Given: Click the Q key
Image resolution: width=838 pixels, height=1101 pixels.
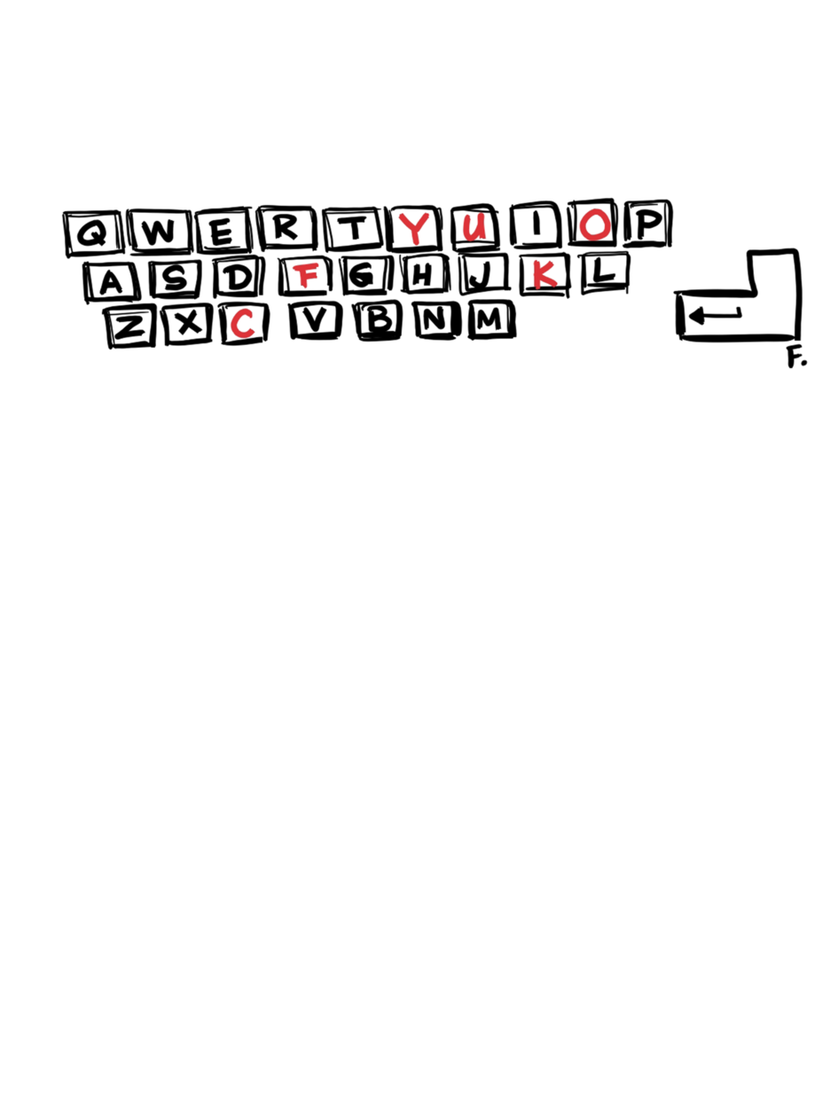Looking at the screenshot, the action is (x=93, y=232).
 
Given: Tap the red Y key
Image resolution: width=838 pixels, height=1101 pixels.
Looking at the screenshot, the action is (x=414, y=228).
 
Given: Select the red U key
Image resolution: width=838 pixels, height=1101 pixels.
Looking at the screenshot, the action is (x=474, y=227).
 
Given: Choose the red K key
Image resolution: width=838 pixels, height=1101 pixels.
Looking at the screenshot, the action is (x=544, y=274).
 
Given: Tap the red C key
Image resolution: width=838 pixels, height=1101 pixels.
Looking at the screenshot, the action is (x=243, y=323).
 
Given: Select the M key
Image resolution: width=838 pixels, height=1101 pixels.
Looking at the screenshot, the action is (x=491, y=319).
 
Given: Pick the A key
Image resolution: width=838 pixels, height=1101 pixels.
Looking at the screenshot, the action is (x=111, y=281).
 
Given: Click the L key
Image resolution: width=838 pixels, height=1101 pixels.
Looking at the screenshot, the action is (x=605, y=272).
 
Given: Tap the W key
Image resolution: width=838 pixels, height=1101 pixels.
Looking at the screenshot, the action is (x=160, y=232).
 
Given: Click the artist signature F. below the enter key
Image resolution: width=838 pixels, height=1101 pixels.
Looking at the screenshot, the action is (x=796, y=357).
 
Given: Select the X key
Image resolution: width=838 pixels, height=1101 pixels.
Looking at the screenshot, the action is (x=187, y=324).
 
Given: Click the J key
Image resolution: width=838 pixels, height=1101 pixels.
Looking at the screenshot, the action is (x=482, y=274).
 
